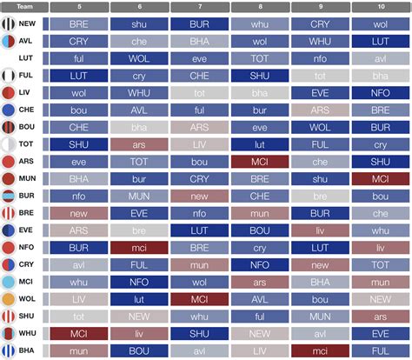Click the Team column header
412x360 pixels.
coord(23,7)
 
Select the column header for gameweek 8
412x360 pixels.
coord(259,7)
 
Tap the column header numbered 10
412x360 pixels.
coord(381,7)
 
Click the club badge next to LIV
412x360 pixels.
coord(9,93)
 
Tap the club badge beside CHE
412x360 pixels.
coord(9,110)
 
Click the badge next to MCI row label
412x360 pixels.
coord(9,281)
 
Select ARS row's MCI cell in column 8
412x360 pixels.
coord(259,161)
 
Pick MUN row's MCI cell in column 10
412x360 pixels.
coord(381,178)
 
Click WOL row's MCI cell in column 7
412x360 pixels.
coord(198,298)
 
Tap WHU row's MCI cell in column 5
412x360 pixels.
coord(79,332)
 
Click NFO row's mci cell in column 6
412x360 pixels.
coord(138,246)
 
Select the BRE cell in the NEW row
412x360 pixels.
coord(79,24)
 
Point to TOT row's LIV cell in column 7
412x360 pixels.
coord(198,143)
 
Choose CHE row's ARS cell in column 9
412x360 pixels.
coord(320,110)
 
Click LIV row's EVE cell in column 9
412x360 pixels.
coord(320,93)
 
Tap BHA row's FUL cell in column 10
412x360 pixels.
coord(381,349)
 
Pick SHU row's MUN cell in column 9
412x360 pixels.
coord(320,315)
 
